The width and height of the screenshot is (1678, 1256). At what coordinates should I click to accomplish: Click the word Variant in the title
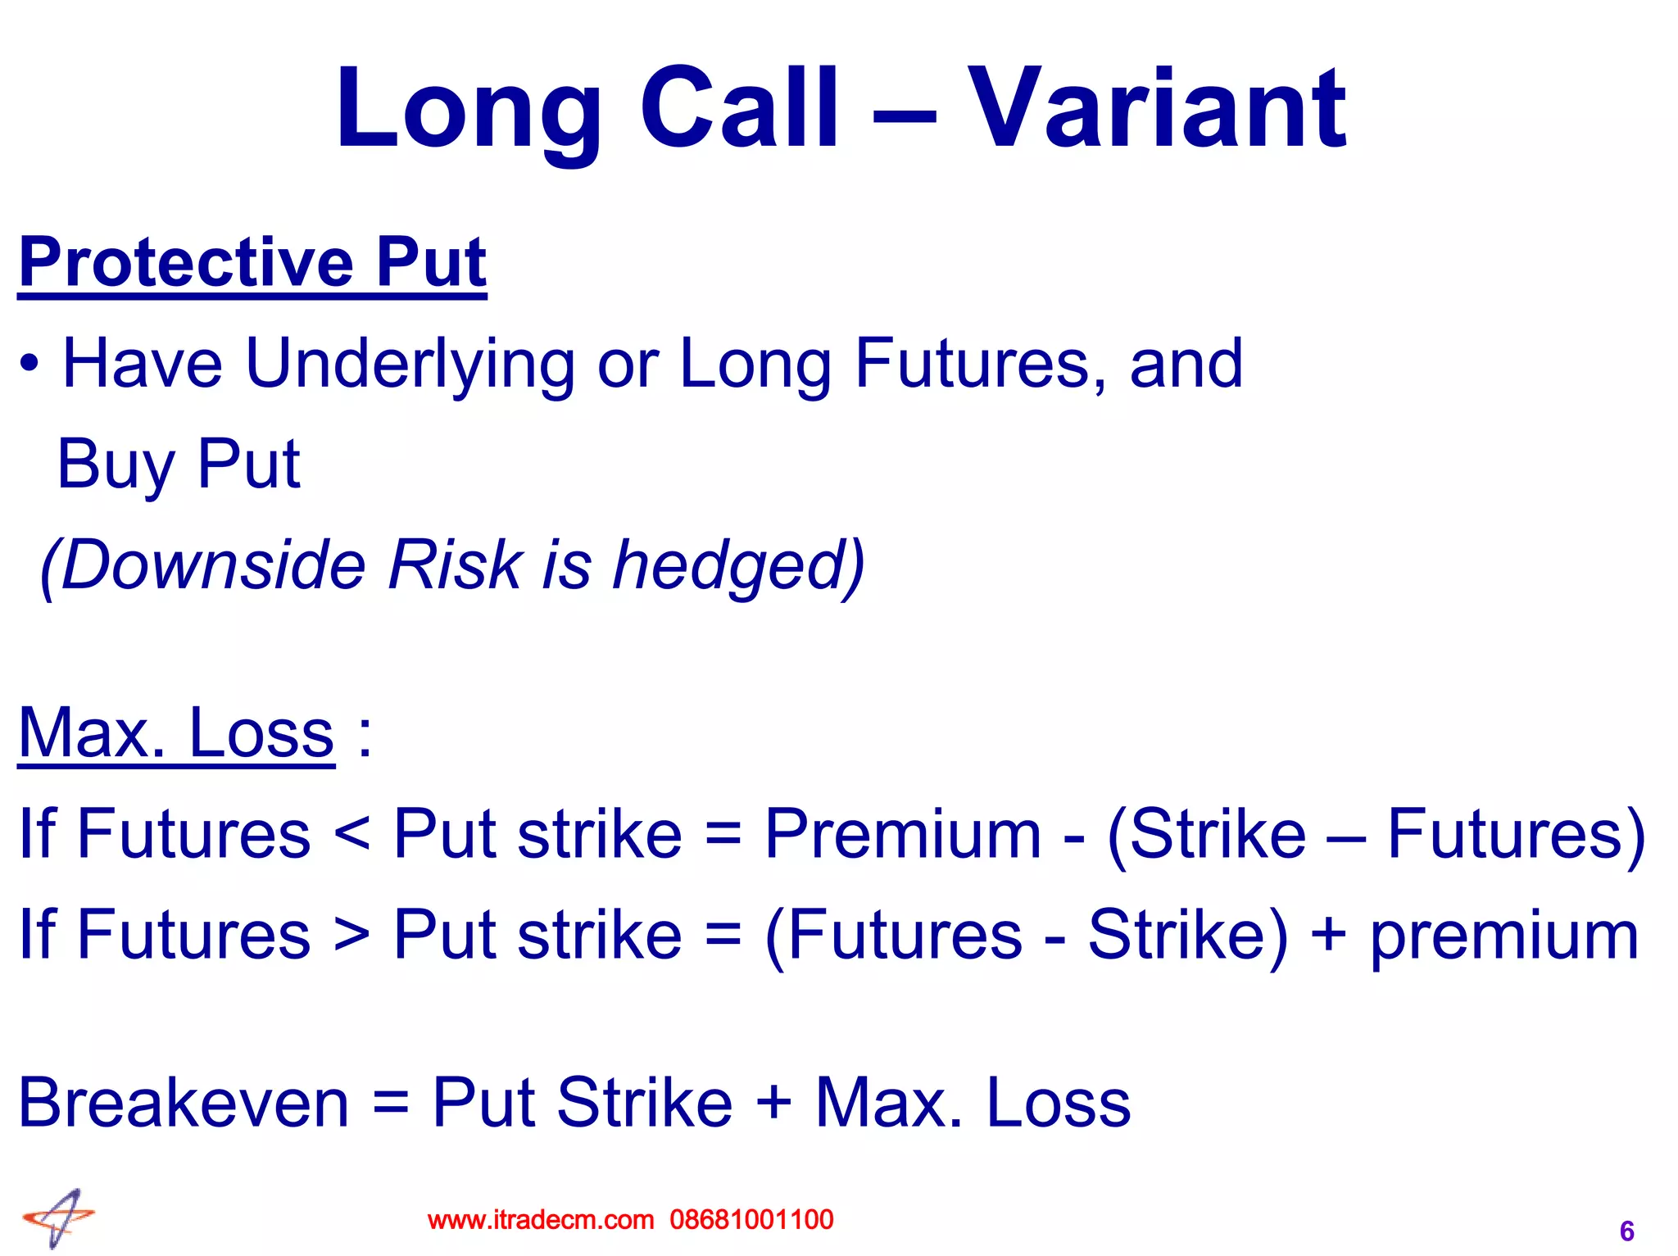[1156, 109]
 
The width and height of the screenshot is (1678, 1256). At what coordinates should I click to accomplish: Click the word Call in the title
[739, 109]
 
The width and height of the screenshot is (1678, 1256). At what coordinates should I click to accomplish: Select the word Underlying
[409, 365]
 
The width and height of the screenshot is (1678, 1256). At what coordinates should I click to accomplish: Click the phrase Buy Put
[179, 465]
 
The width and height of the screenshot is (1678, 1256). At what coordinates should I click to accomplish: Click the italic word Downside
[213, 565]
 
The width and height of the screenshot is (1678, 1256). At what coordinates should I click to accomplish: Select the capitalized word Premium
[902, 834]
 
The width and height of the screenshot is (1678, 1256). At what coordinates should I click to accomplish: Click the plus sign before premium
[1328, 935]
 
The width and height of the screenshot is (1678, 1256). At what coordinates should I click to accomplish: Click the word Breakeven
[184, 1103]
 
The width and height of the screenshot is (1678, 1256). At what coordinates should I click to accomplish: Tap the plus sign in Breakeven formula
[773, 1103]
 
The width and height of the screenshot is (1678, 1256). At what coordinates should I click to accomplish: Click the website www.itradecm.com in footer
[540, 1220]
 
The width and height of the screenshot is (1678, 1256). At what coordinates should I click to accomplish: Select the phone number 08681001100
[751, 1220]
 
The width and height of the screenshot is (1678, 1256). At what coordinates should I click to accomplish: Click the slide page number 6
[1626, 1231]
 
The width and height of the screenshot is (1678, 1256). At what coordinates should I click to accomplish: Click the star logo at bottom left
[59, 1218]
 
